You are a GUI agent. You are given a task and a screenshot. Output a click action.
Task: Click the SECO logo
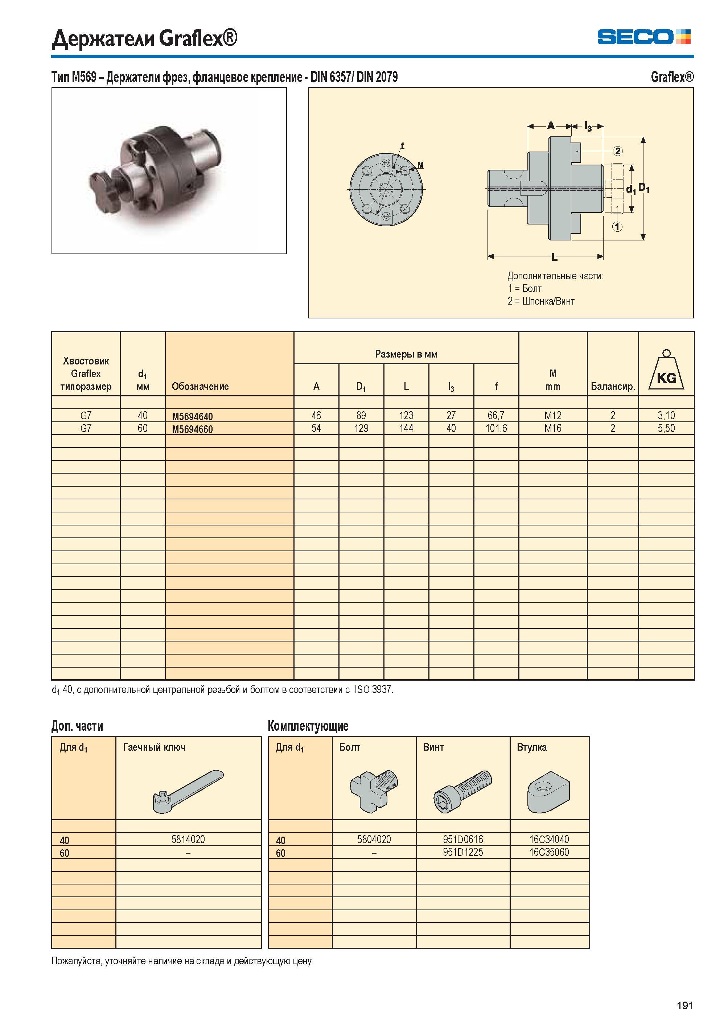pyautogui.click(x=644, y=37)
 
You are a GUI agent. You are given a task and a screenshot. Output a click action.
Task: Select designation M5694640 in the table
pyautogui.click(x=192, y=416)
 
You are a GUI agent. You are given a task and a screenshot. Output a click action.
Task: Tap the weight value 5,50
pyautogui.click(x=666, y=428)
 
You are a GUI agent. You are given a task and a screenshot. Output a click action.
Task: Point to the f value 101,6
pyautogui.click(x=496, y=428)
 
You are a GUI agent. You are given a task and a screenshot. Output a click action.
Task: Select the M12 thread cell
pyautogui.click(x=552, y=416)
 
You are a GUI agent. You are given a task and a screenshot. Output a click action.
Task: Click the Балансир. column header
pyautogui.click(x=613, y=387)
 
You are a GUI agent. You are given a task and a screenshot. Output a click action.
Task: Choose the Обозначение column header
pyautogui.click(x=200, y=387)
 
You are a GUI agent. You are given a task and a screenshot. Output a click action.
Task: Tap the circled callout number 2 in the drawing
pyautogui.click(x=617, y=151)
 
